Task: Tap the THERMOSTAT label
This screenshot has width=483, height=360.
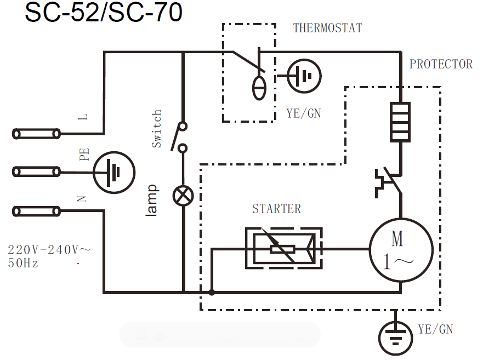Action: click(327, 28)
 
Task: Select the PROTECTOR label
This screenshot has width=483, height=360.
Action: click(441, 65)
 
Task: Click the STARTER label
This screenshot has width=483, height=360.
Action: click(276, 209)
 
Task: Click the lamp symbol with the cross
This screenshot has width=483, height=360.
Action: click(182, 195)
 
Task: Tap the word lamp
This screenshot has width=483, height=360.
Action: click(152, 199)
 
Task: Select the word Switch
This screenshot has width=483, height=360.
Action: click(156, 128)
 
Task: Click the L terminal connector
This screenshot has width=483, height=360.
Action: click(37, 134)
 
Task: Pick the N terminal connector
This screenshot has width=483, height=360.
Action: click(37, 211)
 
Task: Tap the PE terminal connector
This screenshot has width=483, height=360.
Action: click(37, 172)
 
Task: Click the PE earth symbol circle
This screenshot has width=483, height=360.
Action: click(114, 173)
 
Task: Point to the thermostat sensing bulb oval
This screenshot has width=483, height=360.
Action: click(259, 88)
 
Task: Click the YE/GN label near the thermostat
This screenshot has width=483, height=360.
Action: click(303, 113)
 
